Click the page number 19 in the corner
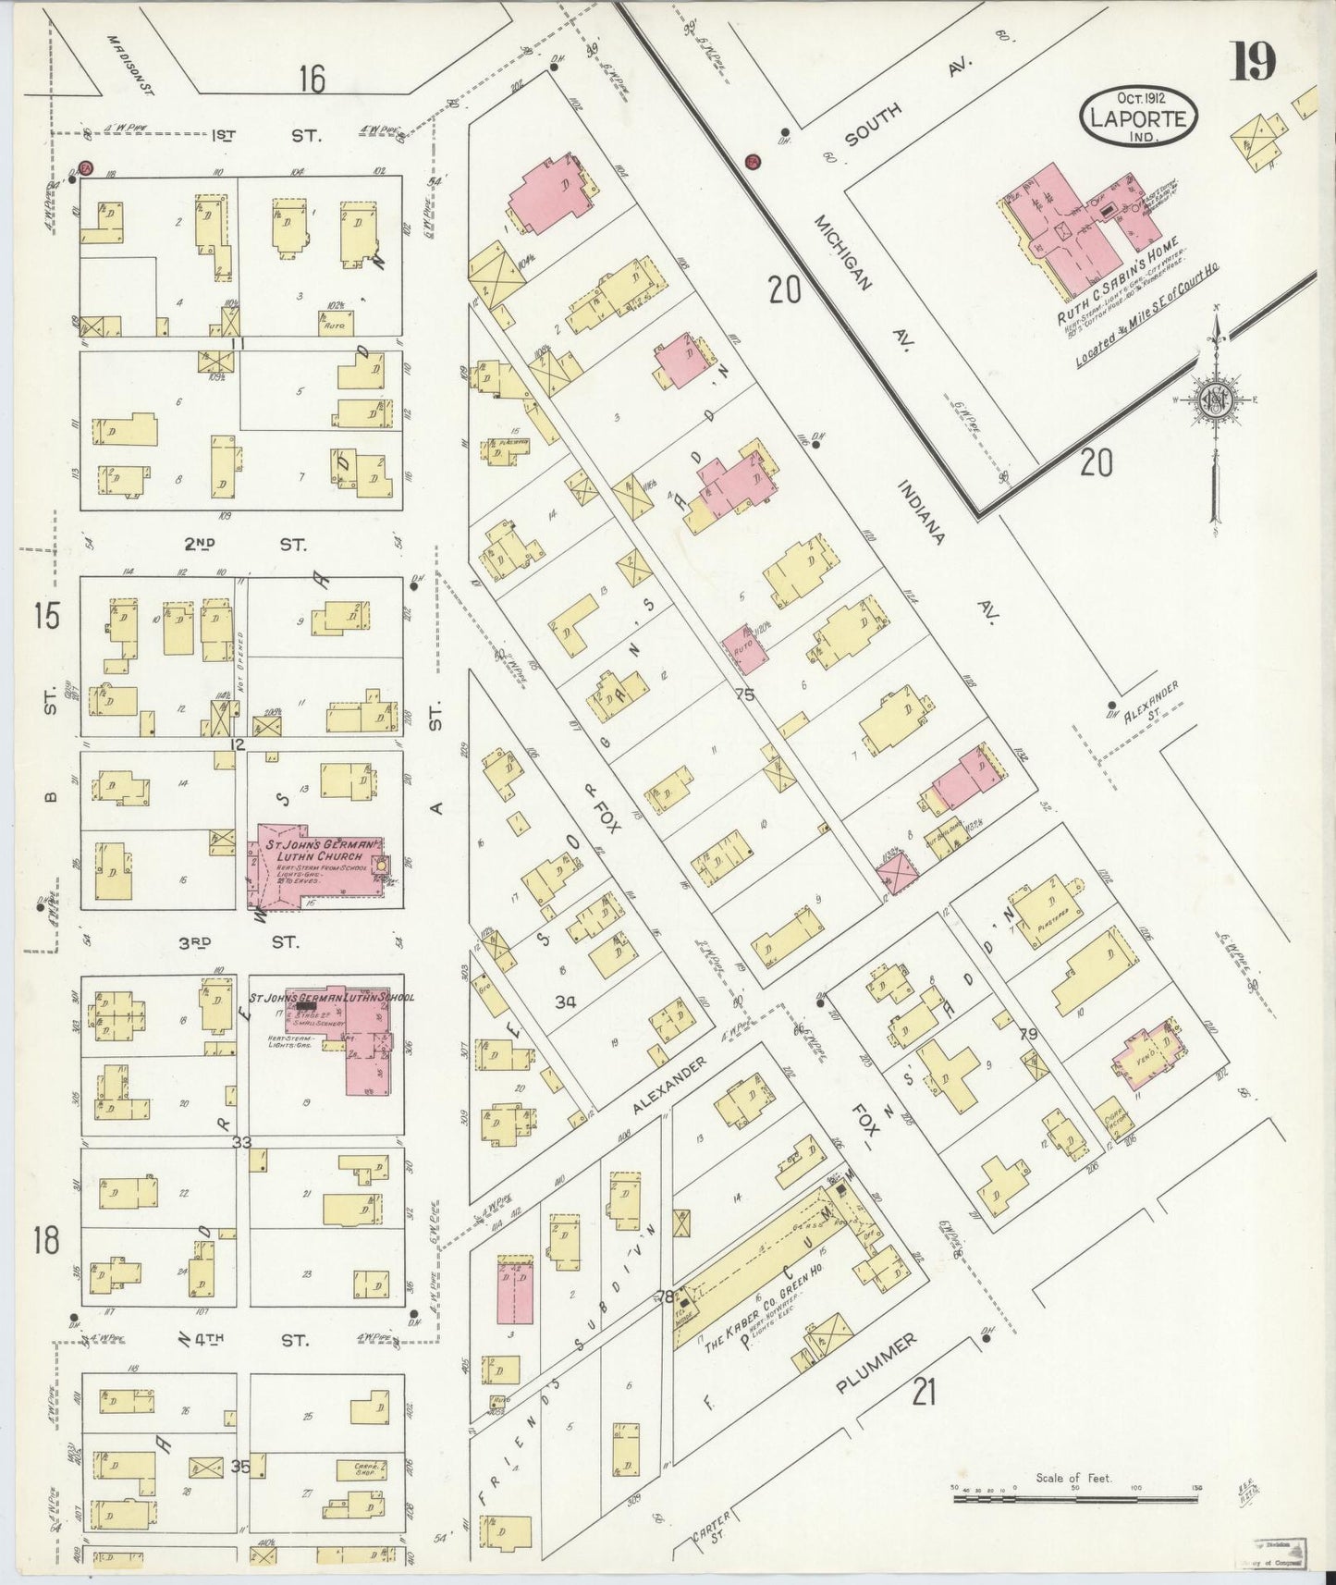click(1253, 62)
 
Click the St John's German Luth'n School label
click(349, 998)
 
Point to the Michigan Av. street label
click(842, 252)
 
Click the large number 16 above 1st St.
click(312, 80)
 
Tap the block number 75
click(744, 694)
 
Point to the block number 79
click(1027, 1033)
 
